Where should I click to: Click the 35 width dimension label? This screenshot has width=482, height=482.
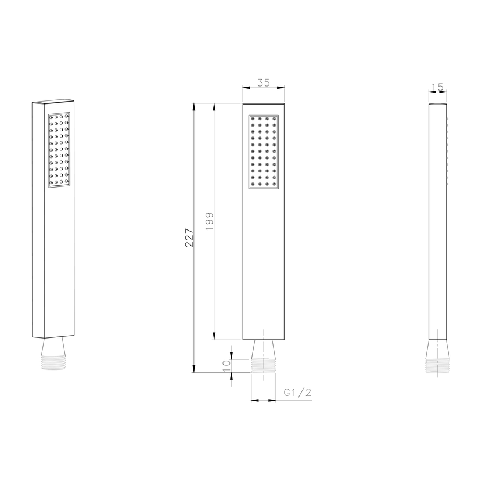coord(264,82)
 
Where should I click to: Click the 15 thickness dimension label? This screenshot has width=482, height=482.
coord(437,87)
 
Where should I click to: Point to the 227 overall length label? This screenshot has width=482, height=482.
coord(189,238)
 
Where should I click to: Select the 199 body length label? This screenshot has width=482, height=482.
coord(210,221)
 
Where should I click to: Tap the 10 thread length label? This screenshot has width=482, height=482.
coord(226,365)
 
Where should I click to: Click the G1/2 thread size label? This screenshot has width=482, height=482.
coord(297,392)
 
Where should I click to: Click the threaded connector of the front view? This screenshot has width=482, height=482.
coord(264,366)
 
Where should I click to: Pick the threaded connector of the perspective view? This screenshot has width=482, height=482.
coord(53,362)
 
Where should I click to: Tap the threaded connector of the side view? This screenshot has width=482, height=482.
coord(437,366)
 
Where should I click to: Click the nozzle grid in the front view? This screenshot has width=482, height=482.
coord(264,152)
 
